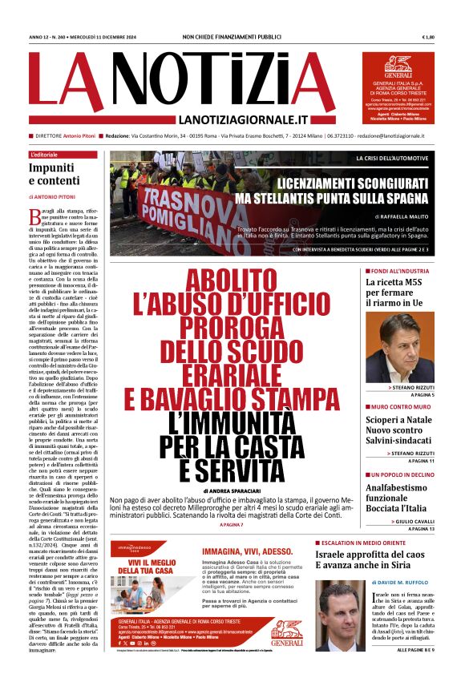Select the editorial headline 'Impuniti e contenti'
click(53, 174)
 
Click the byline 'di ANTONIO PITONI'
click(57, 196)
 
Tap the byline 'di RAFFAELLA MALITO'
click(403, 216)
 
